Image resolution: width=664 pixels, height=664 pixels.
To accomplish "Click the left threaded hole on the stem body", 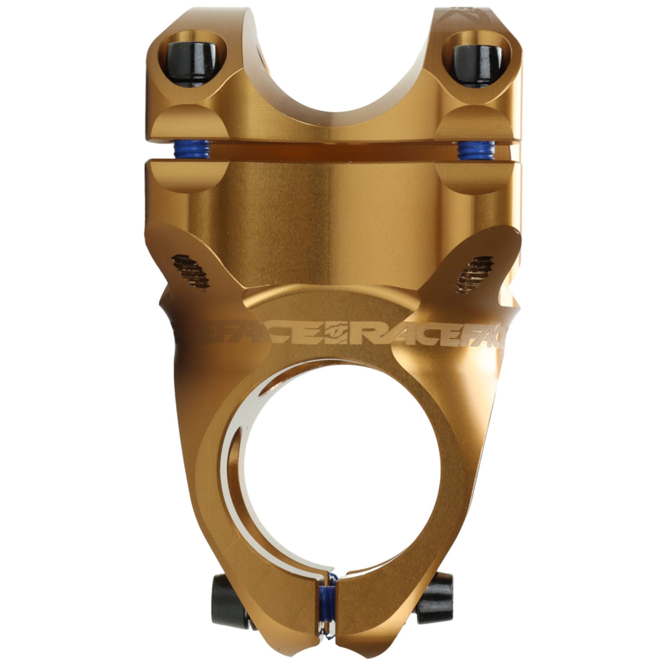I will [x=191, y=271].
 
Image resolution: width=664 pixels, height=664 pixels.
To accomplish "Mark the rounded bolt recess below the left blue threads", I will [x=188, y=177].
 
